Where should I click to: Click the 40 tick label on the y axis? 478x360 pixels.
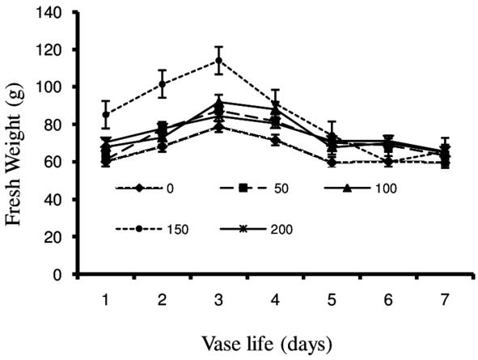(57, 200)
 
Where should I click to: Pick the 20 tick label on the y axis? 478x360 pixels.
(57, 237)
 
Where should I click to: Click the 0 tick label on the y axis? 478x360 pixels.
(61, 274)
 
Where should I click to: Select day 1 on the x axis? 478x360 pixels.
(106, 299)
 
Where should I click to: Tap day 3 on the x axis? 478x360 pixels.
(218, 299)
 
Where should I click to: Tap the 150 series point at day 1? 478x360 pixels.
(106, 114)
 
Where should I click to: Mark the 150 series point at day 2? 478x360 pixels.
(162, 84)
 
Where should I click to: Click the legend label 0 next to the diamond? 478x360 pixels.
(170, 188)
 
